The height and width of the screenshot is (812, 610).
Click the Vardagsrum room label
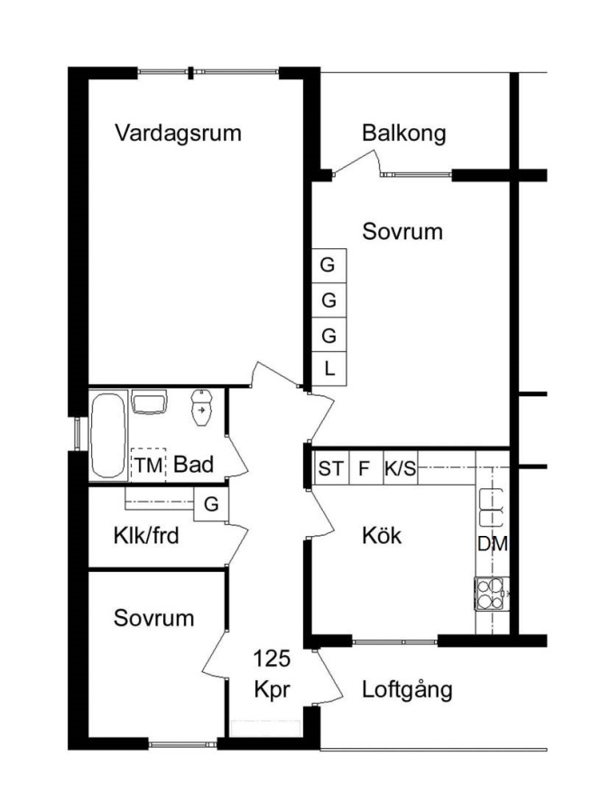pyautogui.click(x=178, y=134)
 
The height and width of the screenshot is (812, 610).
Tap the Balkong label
pyautogui.click(x=404, y=133)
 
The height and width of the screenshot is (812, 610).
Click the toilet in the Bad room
pyautogui.click(x=201, y=408)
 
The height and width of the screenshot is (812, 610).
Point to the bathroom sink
pyautogui.click(x=149, y=401)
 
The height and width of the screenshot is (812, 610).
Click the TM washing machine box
pyautogui.click(x=149, y=465)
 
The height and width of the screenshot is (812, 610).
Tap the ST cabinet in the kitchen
pyautogui.click(x=331, y=468)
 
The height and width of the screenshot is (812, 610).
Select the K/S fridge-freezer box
pyautogui.click(x=401, y=468)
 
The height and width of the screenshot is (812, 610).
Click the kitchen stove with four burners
pyautogui.click(x=492, y=593)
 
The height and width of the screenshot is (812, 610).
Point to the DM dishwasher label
pyautogui.click(x=493, y=544)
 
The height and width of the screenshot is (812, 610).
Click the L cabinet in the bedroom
pyautogui.click(x=328, y=369)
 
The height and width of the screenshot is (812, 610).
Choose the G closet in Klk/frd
pyautogui.click(x=211, y=503)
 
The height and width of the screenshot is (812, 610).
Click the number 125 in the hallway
pyautogui.click(x=272, y=659)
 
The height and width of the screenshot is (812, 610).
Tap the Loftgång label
pyautogui.click(x=407, y=689)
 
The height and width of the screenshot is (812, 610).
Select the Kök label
pyautogui.click(x=382, y=535)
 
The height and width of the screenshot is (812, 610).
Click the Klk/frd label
pyautogui.click(x=146, y=535)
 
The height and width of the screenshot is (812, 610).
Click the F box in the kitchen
pyautogui.click(x=365, y=468)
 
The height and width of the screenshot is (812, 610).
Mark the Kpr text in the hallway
pyautogui.click(x=273, y=690)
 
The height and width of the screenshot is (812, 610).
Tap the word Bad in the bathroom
pyautogui.click(x=194, y=465)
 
